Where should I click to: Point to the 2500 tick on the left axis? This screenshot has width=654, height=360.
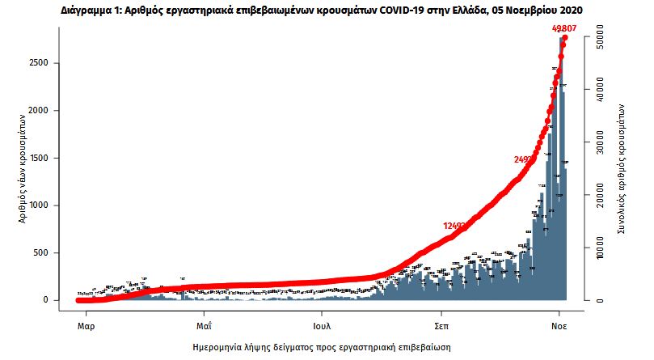tap(49, 63)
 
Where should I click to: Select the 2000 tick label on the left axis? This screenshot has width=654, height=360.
tap(49, 110)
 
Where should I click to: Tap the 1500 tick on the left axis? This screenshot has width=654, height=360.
tap(49, 158)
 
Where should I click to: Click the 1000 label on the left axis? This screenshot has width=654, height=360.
tap(49, 205)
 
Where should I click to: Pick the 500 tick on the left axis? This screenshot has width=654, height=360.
tap(52, 253)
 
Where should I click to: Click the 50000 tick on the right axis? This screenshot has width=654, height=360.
tap(601, 38)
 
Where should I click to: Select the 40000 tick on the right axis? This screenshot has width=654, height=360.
tap(601, 91)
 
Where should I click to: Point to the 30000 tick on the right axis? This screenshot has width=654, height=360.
tap(601, 143)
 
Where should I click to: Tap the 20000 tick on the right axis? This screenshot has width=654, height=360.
tap(601, 196)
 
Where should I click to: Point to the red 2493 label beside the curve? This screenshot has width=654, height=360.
tap(523, 159)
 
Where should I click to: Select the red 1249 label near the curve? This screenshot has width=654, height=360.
tap(453, 226)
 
